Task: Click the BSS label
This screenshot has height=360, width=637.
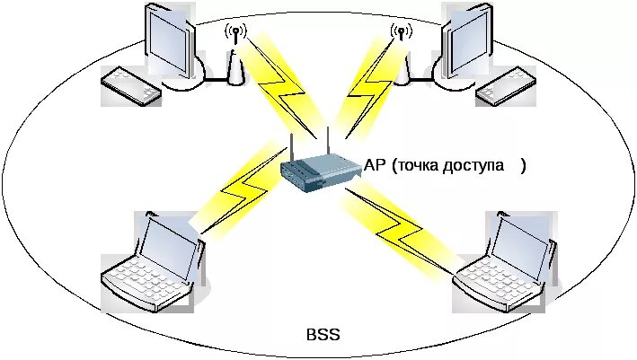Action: (323, 335)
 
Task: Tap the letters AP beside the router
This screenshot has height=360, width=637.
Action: (376, 166)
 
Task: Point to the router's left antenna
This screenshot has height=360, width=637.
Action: (292, 149)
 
